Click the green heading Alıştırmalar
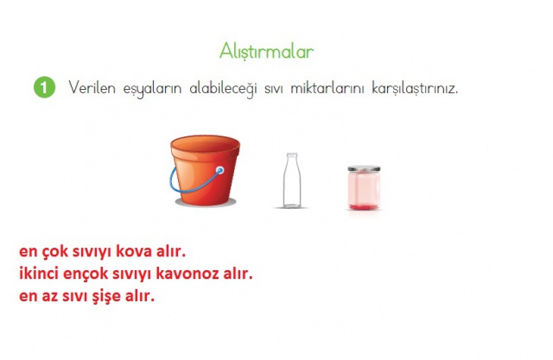pos(267,52)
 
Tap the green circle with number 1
pos(44,87)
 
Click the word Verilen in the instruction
pos(92,87)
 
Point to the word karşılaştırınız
pos(415,88)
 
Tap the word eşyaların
pos(152,89)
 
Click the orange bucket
pos(205,170)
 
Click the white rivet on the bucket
pos(220,171)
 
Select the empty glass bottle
pos(292,180)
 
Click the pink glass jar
pos(364,187)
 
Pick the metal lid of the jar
pos(364,168)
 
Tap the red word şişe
pos(106,297)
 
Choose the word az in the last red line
pos(50,297)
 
